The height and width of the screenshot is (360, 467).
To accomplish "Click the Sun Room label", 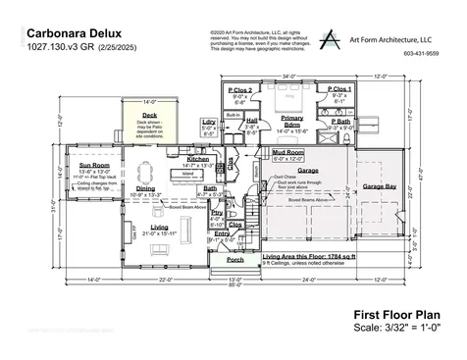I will tap(94, 165).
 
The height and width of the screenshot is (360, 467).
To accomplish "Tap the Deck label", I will tap(150, 114).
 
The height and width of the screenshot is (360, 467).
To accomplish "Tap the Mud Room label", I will tap(287, 153).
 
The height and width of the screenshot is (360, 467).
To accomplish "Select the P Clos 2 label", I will tap(241, 91).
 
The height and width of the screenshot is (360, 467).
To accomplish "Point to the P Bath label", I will tap(340, 121).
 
